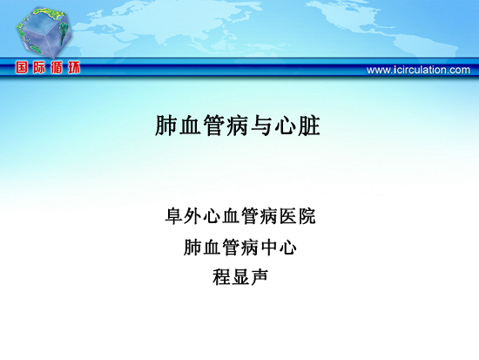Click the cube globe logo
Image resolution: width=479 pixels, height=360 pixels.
point(44,32)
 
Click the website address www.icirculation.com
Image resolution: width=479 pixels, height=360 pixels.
point(418,70)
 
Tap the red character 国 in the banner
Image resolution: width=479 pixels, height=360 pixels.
point(22,67)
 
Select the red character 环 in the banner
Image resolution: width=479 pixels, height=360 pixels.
point(74,67)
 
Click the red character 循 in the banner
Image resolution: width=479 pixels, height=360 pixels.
point(57,67)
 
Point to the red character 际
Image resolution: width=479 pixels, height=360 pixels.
point(39,67)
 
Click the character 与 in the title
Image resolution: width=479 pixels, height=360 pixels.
point(262,126)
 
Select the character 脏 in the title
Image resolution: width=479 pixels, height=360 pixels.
point(309,126)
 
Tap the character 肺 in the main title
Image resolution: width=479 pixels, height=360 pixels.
point(166,126)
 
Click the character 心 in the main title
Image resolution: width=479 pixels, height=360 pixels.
point(286,126)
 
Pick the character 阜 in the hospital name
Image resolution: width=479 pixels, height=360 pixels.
point(174,216)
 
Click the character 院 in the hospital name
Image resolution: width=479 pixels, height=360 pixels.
point(307,216)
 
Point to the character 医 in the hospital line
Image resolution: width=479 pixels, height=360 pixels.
point(288,216)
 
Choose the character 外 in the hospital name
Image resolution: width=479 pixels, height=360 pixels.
point(193,216)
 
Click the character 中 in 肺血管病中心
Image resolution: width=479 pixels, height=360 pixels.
point(269,248)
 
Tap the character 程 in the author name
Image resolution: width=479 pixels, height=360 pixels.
point(221,277)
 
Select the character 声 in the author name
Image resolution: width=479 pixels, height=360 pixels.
point(260,277)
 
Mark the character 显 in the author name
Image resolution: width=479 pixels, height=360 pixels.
point(240,277)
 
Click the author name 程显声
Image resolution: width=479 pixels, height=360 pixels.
point(240,277)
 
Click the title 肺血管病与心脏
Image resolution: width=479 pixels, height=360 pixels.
point(238,126)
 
